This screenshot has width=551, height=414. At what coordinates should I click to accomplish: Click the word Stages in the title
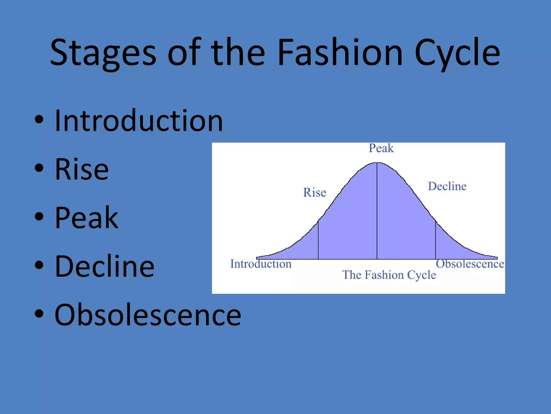tap(103, 53)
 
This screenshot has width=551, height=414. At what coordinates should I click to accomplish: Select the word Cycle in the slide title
tap(457, 53)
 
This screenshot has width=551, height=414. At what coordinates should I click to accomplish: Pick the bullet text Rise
tap(82, 169)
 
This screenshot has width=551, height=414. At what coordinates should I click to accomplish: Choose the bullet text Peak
tap(86, 218)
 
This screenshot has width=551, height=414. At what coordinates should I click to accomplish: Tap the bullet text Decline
tap(104, 266)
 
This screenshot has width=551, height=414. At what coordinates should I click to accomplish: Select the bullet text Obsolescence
tap(148, 315)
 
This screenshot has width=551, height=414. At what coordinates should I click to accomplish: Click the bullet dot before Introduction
tap(39, 120)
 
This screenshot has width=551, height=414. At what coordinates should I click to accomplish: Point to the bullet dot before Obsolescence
tap(39, 314)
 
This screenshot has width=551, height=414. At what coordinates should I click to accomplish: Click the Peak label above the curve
tap(381, 148)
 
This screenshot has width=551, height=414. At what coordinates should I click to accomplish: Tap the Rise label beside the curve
tap(315, 192)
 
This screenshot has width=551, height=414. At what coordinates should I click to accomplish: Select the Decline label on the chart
tap(447, 186)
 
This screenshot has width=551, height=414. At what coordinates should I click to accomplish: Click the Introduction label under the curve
tap(261, 264)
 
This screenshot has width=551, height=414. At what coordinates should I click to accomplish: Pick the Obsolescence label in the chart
tap(470, 264)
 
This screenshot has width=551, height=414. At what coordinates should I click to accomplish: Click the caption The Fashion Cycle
tap(389, 275)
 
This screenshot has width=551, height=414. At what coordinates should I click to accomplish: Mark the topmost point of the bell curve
tap(377, 163)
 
